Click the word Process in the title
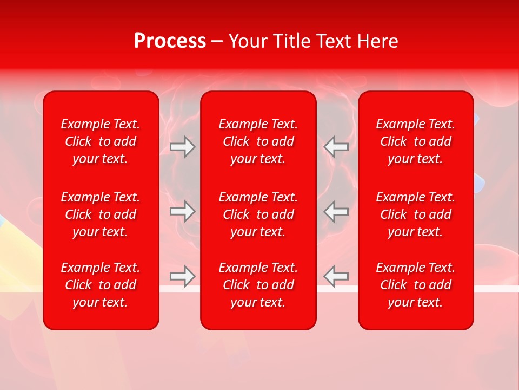coord(170,41)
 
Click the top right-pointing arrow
coord(183,147)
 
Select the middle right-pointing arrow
coord(183,211)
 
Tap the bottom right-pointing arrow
coord(183,276)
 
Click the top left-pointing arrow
coord(336,147)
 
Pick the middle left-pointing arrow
coord(336,211)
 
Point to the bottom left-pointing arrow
coord(336,276)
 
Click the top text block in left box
coord(101,141)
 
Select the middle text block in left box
coord(101,214)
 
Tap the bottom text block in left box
coord(101,285)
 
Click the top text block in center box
coord(258,141)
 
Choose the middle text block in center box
coord(258,214)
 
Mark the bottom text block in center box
coord(258,285)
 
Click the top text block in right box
coord(416,141)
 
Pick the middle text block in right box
coord(416,214)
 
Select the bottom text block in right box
coord(416,285)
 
